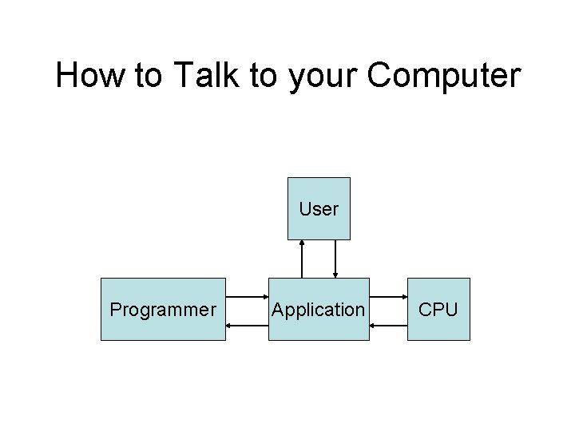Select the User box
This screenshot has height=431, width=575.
319,208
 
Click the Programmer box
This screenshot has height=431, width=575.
163,309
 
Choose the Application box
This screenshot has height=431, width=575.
319,309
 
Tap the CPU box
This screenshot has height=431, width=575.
438,309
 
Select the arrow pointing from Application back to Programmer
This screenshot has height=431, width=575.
247,325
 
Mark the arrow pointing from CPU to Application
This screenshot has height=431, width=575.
389,325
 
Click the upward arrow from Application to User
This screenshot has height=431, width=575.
302,259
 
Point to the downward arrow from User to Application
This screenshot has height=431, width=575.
335,259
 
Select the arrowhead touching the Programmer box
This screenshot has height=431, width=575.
230,325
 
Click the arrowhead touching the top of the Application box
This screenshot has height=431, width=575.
335,275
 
